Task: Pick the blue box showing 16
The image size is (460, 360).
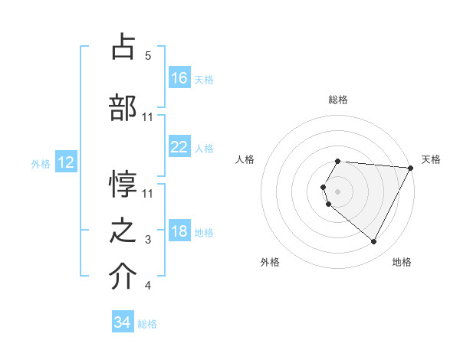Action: point(179,77)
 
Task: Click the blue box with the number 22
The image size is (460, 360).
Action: point(179,147)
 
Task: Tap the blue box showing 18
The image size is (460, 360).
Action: point(179,231)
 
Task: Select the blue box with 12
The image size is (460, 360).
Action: point(66,162)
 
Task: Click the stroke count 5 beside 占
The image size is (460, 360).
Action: point(148,56)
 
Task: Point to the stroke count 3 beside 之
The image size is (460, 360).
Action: point(148,241)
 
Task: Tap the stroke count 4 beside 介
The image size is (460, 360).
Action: point(148,286)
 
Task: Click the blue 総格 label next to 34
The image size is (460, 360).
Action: point(147,324)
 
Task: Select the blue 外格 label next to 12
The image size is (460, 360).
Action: point(41,163)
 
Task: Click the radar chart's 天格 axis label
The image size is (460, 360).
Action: point(431,159)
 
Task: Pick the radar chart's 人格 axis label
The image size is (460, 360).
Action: point(245,159)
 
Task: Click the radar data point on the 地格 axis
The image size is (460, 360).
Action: point(374,241)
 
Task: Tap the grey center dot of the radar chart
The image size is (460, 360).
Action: point(337,191)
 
